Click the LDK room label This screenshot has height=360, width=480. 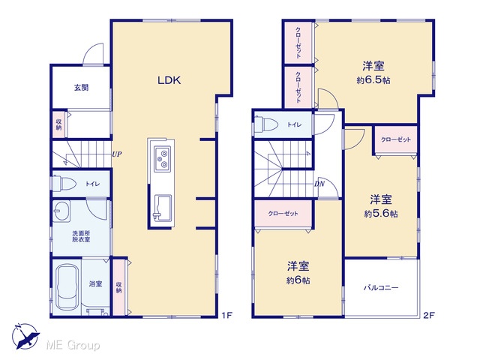click(x=169, y=80)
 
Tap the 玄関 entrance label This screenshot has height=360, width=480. click(x=82, y=88)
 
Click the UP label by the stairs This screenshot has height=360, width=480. click(x=117, y=154)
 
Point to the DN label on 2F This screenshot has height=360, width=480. click(x=319, y=184)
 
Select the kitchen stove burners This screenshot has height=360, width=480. click(x=162, y=158)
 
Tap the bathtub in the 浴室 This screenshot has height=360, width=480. click(x=67, y=287)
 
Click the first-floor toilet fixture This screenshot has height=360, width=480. click(x=64, y=184)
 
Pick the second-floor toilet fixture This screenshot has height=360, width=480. click(x=266, y=124)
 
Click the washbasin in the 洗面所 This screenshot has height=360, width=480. click(x=61, y=211)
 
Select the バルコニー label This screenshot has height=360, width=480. click(x=381, y=288)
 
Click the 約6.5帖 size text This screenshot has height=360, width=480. click(x=373, y=80)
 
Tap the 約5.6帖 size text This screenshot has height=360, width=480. click(x=381, y=214)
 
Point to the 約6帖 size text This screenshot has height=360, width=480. click(x=298, y=280)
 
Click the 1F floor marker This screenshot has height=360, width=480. click(x=226, y=315)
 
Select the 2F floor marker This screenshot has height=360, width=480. click(x=429, y=315)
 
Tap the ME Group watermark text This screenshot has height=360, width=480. click(x=73, y=345)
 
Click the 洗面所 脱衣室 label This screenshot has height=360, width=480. click(x=81, y=236)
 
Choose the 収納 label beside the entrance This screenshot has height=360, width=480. click(x=58, y=124)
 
